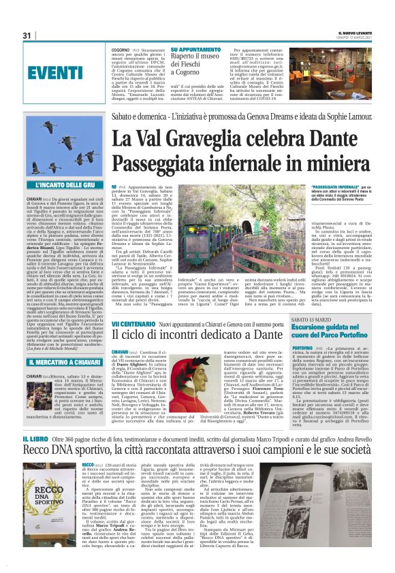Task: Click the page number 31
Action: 27,35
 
